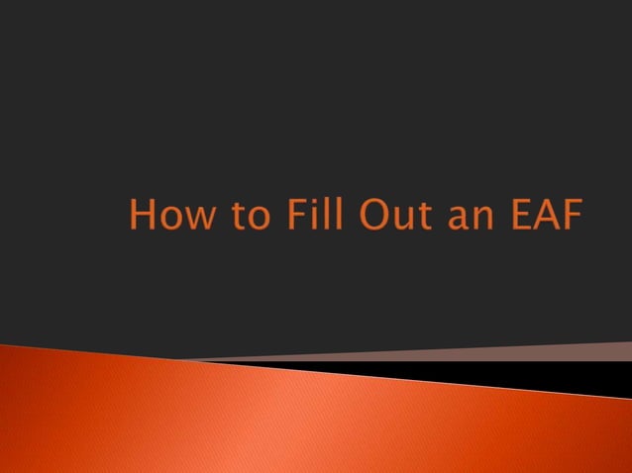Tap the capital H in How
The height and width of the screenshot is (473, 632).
[x=142, y=217]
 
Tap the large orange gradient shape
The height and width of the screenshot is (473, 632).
[x=248, y=416]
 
